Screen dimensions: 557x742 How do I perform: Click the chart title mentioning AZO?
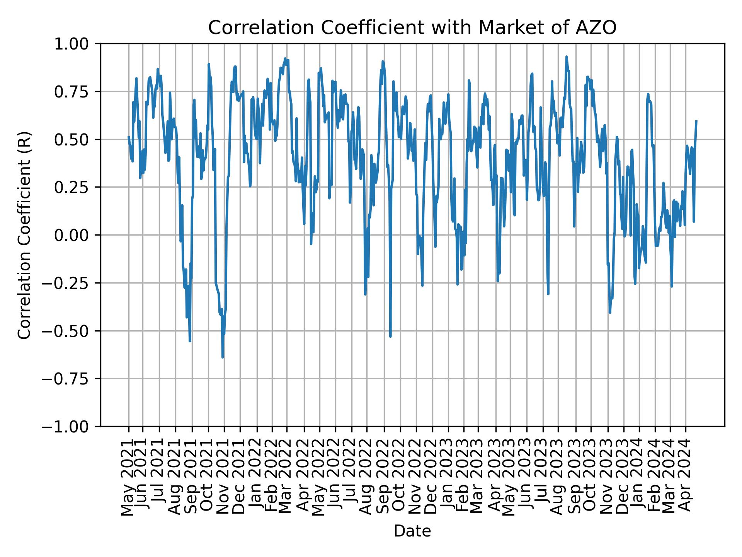pyautogui.click(x=412, y=28)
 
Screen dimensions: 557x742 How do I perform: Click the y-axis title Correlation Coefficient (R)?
pyautogui.click(x=24, y=235)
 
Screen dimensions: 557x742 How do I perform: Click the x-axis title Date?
pyautogui.click(x=412, y=531)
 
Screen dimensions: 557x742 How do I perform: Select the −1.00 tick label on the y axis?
pyautogui.click(x=70, y=426)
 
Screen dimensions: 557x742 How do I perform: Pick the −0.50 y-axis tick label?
pyautogui.click(x=70, y=331)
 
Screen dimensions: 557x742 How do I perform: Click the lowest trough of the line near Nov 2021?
pyautogui.click(x=223, y=357)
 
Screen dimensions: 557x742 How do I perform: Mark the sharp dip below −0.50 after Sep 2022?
pyautogui.click(x=390, y=336)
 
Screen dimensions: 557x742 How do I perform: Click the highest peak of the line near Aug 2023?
pyautogui.click(x=567, y=56)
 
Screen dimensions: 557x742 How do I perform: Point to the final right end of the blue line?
pyautogui.click(x=696, y=121)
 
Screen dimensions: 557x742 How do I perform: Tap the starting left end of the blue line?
pyautogui.click(x=129, y=137)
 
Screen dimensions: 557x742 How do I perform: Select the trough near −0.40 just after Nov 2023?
pyautogui.click(x=610, y=312)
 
